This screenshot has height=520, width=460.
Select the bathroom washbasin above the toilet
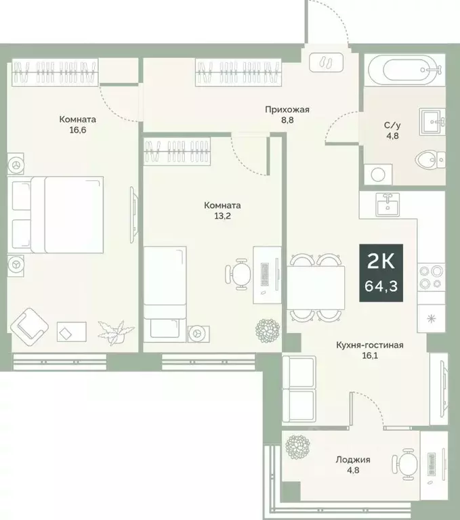[x=431, y=122]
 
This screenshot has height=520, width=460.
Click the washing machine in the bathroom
[x=376, y=173]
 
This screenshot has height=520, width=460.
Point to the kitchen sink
[x=388, y=202]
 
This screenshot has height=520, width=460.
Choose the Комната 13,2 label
[x=223, y=210]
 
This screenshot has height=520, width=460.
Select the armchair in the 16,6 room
[x=31, y=324]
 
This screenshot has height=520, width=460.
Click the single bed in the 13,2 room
[x=165, y=291]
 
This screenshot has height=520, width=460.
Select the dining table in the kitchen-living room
[x=316, y=286]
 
